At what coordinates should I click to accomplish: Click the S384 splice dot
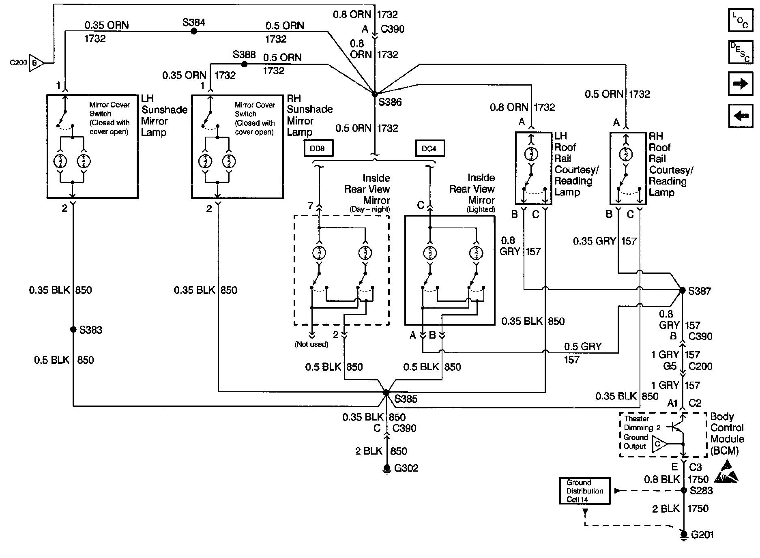(x=194, y=31)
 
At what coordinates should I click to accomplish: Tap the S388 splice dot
(x=244, y=64)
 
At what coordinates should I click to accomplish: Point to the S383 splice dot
(x=73, y=329)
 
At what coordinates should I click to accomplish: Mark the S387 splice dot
(x=682, y=290)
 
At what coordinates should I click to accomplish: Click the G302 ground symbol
(x=387, y=469)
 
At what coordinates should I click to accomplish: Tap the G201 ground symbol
(x=684, y=536)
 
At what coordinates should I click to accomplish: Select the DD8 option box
(x=319, y=148)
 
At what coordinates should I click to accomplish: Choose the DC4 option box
(x=430, y=148)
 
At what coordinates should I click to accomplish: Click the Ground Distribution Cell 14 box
(x=584, y=491)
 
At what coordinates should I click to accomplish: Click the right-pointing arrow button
(x=741, y=84)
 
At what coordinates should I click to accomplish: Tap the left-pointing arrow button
(x=741, y=116)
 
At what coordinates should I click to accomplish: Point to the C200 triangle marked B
(x=36, y=63)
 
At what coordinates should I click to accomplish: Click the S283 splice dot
(x=683, y=490)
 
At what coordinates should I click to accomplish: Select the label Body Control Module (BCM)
(x=727, y=434)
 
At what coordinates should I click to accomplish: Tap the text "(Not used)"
(x=311, y=344)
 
